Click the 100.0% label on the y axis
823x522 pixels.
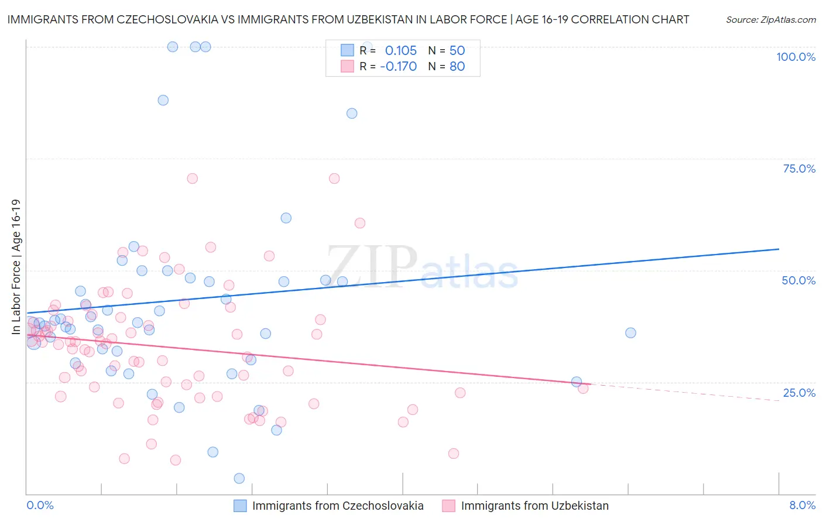click(795, 57)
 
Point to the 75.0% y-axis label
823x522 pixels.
click(799, 169)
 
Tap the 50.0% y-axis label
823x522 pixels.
click(798, 280)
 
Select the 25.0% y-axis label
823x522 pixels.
click(799, 392)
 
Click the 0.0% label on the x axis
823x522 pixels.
click(40, 505)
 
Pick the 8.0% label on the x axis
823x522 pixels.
click(802, 505)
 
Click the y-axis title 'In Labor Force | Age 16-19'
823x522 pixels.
click(16, 267)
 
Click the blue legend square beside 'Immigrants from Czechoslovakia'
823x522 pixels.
click(240, 506)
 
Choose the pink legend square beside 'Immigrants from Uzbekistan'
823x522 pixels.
click(449, 506)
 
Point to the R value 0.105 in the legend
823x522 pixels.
click(400, 50)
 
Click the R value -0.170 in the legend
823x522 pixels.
click(398, 66)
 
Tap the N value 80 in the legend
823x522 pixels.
click(457, 66)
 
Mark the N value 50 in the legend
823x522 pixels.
click(457, 50)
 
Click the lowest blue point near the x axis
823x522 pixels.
click(239, 478)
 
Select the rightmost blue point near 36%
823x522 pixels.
click(630, 332)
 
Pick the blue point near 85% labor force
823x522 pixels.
click(352, 114)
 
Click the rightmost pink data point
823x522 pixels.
click(583, 389)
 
